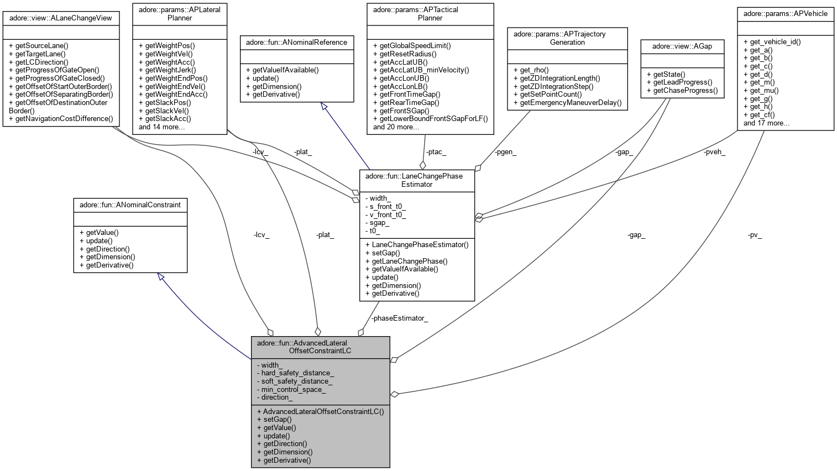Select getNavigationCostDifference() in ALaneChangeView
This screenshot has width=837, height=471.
[61, 119]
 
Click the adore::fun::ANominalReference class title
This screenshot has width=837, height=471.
[296, 42]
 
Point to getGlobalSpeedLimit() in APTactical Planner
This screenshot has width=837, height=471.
[412, 45]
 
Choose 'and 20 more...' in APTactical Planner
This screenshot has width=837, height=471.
[396, 127]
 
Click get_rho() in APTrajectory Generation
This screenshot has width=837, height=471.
[531, 70]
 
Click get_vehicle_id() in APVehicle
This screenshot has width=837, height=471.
[772, 41]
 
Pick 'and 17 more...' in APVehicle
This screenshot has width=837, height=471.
[766, 123]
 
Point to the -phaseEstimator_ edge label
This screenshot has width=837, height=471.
[399, 318]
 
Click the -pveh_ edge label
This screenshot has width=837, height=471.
[714, 153]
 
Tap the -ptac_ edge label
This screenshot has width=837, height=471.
[436, 153]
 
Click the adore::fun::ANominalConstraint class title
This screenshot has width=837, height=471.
[130, 205]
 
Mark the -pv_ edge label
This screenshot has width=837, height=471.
[755, 235]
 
